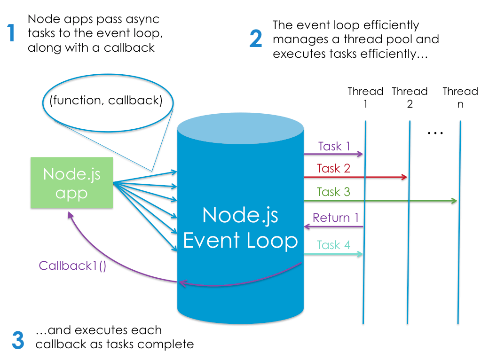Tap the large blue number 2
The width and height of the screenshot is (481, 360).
tap(255, 39)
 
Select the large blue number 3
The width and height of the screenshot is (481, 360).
tap(18, 340)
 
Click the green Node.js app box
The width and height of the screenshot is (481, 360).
tap(71, 183)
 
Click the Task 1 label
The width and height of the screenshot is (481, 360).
tap(334, 146)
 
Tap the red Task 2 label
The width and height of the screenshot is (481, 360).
tap(333, 168)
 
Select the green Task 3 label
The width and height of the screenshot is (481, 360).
tap(333, 192)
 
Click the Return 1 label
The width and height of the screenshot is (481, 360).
tap(335, 218)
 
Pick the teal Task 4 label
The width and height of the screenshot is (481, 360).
tap(333, 245)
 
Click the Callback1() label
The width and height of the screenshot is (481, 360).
tap(72, 266)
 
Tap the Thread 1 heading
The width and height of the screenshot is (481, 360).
tap(365, 97)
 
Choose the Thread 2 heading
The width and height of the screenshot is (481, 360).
tap(410, 97)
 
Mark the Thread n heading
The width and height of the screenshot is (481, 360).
tap(460, 97)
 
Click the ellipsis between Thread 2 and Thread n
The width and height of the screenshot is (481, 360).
tap(435, 133)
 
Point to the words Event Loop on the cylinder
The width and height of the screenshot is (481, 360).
tap(240, 241)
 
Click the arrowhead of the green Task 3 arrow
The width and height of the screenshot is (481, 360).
tap(455, 201)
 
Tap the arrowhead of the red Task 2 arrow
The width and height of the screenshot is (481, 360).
tap(404, 177)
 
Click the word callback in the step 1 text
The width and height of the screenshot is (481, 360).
tap(129, 48)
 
